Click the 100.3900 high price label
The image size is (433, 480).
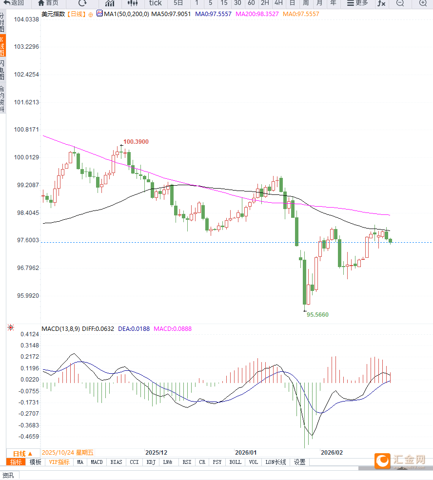tap(136, 142)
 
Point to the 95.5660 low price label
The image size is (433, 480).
tap(317, 315)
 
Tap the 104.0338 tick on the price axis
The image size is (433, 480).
tap(26, 19)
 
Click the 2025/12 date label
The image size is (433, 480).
tap(156, 452)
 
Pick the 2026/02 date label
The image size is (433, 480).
tap(332, 452)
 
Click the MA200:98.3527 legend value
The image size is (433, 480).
tap(257, 14)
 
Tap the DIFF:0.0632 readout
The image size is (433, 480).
tap(98, 329)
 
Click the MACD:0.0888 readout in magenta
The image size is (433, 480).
tap(173, 329)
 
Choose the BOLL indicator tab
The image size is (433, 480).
tap(235, 462)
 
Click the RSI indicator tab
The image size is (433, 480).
tap(187, 462)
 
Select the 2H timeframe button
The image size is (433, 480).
tap(265, 3)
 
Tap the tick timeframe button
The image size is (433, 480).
tap(155, 3)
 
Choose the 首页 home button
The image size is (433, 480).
tap(48, 3)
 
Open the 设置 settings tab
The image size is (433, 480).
tap(299, 462)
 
